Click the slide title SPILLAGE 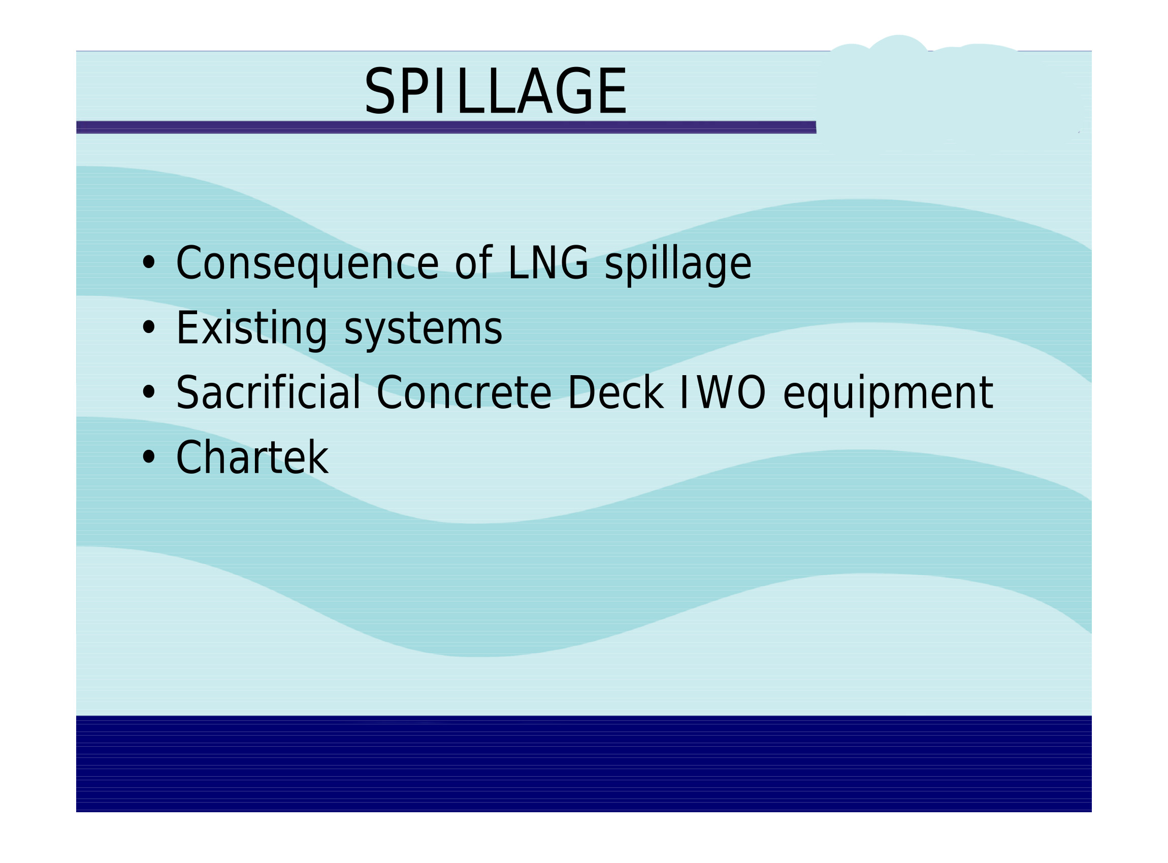click(495, 91)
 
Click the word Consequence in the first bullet click(307, 264)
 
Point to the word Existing click(251, 329)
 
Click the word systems click(424, 331)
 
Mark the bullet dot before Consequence click(149, 263)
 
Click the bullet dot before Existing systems click(149, 328)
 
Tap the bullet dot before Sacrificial click(149, 392)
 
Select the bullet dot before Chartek click(149, 457)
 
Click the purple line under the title click(446, 127)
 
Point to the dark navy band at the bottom click(583, 764)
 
